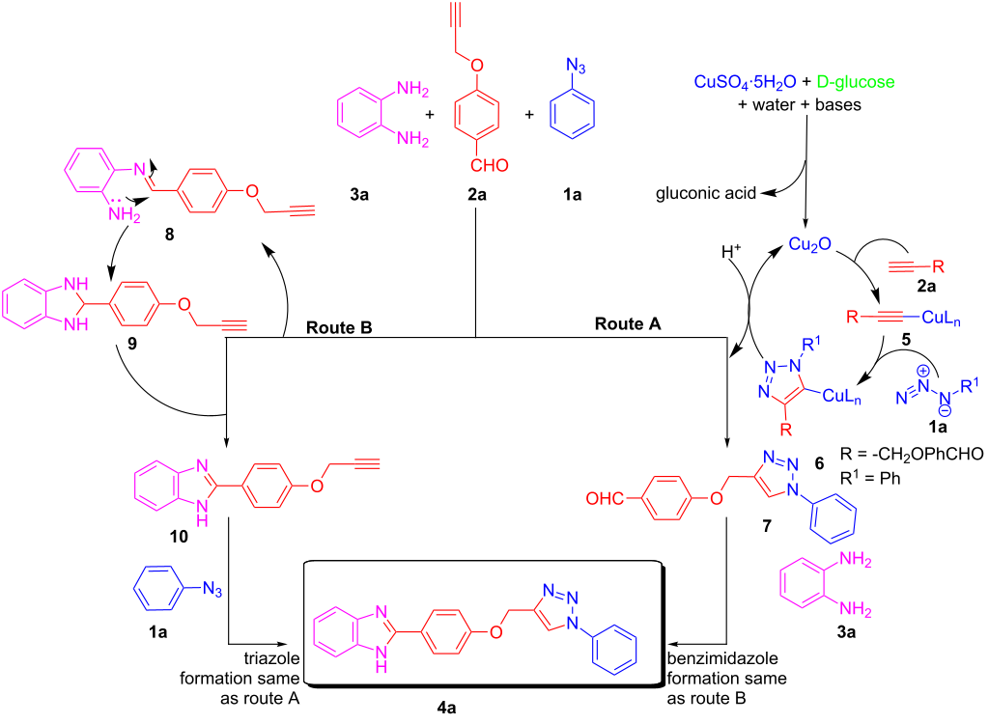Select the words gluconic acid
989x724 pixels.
[708, 193]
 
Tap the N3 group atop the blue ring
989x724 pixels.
[574, 67]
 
